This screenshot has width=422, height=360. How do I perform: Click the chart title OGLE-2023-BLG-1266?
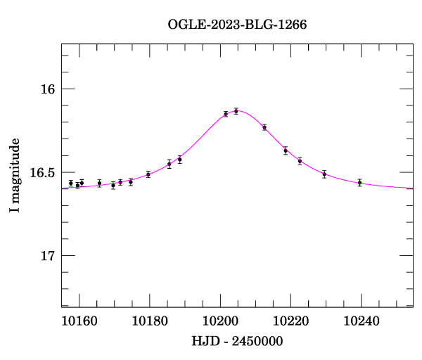tap(237, 24)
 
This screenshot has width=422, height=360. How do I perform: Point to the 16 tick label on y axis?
tap(48, 89)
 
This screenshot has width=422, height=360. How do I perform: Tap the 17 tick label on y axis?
tap(48, 255)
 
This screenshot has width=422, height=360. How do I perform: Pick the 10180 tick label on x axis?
tap(149, 321)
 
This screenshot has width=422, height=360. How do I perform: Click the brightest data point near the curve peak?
tap(236, 110)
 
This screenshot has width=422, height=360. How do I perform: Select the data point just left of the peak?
tap(226, 114)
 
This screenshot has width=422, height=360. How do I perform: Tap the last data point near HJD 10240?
tap(359, 182)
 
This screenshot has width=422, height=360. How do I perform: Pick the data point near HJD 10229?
tap(324, 174)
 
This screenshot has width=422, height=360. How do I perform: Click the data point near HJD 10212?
tap(264, 127)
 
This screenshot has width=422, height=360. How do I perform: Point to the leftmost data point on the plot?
tap(71, 184)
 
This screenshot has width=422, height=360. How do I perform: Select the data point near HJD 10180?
tap(148, 174)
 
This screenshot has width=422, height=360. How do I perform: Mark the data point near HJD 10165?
tap(99, 184)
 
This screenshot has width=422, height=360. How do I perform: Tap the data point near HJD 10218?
tap(286, 150)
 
